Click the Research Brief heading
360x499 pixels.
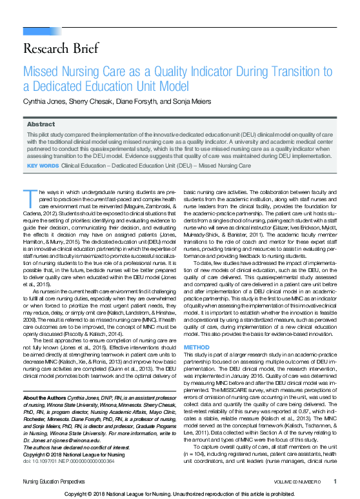click(x=61, y=48)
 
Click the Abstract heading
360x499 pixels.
click(x=41, y=124)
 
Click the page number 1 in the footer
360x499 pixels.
click(x=335, y=482)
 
